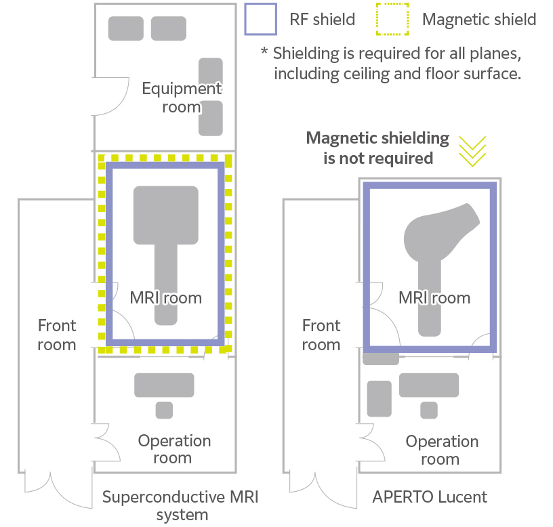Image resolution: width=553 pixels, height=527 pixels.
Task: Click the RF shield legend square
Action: [260, 19]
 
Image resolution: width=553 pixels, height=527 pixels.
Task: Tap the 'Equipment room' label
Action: [181, 97]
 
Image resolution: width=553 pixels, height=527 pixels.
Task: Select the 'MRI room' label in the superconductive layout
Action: [166, 297]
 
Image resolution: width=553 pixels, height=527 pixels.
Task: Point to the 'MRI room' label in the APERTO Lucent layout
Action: [434, 297]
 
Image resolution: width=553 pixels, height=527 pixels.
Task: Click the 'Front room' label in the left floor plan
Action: [56, 335]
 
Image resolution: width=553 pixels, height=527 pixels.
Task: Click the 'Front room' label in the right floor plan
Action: [321, 335]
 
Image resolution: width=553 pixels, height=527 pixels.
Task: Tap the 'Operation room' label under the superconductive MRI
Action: [174, 449]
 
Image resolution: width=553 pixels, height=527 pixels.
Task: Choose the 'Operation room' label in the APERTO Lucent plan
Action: [442, 450]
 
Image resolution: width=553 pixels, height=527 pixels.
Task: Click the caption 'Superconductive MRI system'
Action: [180, 505]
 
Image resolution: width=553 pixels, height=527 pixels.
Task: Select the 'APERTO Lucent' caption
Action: [430, 497]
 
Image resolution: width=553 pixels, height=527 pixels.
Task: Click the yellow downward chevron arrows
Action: [472, 150]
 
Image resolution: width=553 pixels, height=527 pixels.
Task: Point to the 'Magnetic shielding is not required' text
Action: [377, 148]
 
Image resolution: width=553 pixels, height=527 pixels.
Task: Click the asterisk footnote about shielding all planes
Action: [391, 63]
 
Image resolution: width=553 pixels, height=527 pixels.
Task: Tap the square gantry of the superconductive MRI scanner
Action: [166, 215]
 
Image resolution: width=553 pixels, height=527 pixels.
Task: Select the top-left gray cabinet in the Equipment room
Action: [125, 28]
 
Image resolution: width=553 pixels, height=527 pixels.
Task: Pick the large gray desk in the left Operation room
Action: [164, 385]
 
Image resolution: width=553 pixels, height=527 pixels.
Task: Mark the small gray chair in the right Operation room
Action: [428, 410]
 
